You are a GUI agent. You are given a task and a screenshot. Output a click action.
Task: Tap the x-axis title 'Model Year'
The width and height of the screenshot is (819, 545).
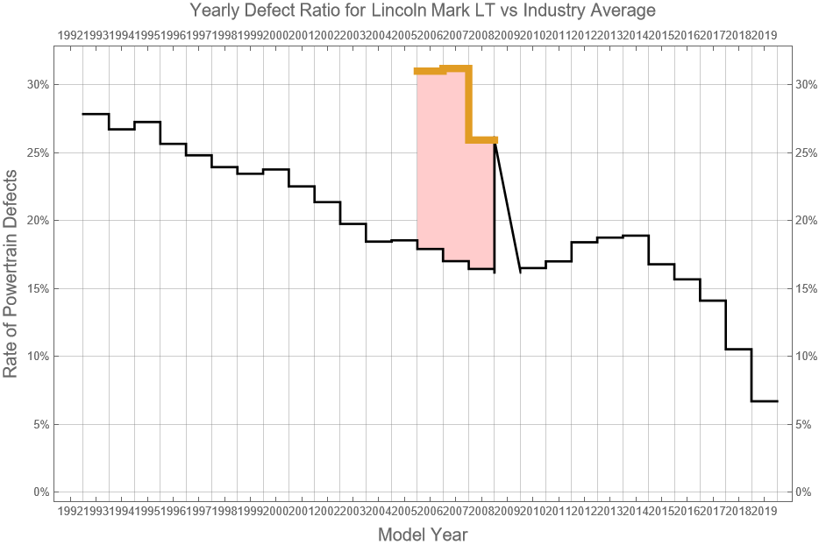tap(423, 534)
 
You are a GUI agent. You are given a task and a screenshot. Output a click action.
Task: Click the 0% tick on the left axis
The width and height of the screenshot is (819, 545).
tap(39, 492)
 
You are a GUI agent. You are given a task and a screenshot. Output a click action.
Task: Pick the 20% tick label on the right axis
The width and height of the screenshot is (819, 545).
tap(807, 221)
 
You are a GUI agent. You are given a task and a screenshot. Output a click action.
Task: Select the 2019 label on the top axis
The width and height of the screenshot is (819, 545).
tap(764, 35)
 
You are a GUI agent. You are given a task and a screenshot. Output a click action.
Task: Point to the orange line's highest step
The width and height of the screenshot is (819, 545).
tap(456, 68)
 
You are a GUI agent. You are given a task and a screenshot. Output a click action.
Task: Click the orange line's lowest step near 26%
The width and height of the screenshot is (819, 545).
tap(482, 139)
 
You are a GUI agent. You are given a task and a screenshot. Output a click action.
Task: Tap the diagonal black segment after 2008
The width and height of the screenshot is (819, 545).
tap(508, 206)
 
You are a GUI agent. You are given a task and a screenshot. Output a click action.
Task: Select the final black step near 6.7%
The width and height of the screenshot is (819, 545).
tap(765, 400)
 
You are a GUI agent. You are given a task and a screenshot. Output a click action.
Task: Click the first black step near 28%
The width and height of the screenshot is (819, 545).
tap(96, 114)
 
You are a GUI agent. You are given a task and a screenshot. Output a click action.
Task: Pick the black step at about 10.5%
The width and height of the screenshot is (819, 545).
tap(738, 349)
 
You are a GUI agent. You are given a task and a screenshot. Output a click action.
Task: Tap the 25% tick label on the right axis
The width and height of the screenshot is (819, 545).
tap(807, 152)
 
